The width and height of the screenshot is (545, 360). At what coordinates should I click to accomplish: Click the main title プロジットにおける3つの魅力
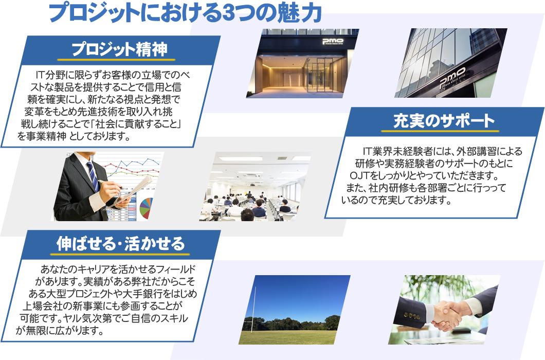pyautogui.click(x=185, y=13)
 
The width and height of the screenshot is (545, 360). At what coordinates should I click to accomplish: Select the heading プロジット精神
pyautogui.click(x=119, y=49)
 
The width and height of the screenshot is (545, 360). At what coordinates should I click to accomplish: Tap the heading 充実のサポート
pyautogui.click(x=444, y=121)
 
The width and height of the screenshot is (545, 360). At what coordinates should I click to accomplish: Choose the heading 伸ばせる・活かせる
pyautogui.click(x=120, y=243)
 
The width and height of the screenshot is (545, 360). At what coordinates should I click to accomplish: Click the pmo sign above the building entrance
pyautogui.click(x=333, y=42)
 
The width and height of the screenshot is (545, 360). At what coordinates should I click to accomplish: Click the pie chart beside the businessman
pyautogui.click(x=147, y=206)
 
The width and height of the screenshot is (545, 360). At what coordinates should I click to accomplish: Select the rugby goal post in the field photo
pyautogui.click(x=255, y=309)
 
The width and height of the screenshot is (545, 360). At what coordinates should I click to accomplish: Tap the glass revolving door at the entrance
pyautogui.click(x=319, y=75)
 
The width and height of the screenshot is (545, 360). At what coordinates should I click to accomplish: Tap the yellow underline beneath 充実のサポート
pyautogui.click(x=440, y=131)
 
